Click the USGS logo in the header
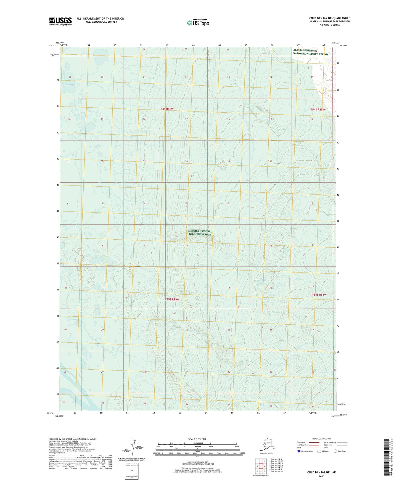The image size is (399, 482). (60, 21)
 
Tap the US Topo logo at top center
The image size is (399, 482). (198, 23)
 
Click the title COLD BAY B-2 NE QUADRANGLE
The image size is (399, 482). (329, 18)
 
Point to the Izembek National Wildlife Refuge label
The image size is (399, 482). (200, 233)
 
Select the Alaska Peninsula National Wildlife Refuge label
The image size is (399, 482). (311, 52)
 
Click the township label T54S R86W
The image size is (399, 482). (166, 109)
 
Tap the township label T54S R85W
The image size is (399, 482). (318, 110)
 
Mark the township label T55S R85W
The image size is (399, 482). (319, 295)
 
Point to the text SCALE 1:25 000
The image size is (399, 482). (197, 439)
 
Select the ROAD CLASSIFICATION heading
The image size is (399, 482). (321, 439)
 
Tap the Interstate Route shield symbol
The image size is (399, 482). (299, 451)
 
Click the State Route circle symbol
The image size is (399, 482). (335, 451)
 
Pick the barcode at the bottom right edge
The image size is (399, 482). (386, 457)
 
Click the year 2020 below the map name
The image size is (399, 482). (321, 476)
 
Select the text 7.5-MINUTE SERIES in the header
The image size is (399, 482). (329, 25)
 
